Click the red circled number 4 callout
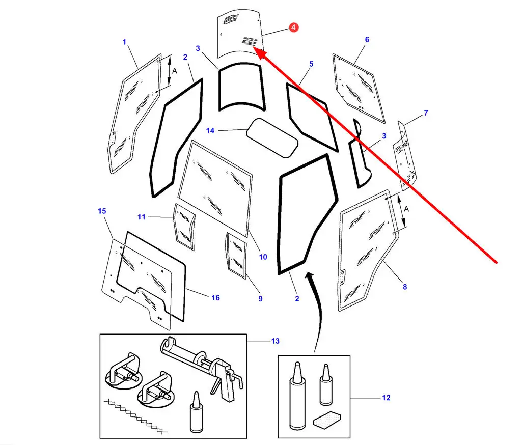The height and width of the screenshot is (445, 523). coord(294,27)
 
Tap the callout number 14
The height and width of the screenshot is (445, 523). coord(210,131)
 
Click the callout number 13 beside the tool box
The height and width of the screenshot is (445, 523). coord(276,341)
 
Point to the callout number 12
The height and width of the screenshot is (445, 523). coord(386,398)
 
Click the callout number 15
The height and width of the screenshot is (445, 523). coord(102,211)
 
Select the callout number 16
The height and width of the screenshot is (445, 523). coord(215,297)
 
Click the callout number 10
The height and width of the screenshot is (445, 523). coord(263,257)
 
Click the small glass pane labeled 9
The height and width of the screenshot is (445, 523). coord(236,255)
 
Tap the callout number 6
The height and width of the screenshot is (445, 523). coord(367,39)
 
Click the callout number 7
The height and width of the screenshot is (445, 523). coord(426,113)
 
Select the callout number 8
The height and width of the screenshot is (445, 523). coord(405,287)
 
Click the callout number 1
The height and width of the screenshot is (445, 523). coord(124,42)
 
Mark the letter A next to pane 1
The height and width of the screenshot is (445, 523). coord(174,72)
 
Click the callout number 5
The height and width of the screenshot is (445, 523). coord(311,64)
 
